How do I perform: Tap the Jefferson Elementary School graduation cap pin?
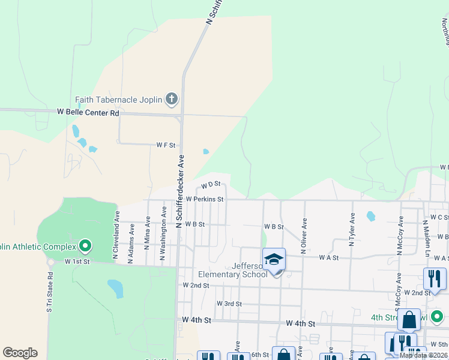[x=274, y=260]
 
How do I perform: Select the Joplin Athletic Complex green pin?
[x=85, y=245]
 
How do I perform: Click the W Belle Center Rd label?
[x=88, y=112]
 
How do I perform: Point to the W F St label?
[x=166, y=145]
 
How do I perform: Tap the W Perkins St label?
[x=205, y=199]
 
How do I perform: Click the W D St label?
[x=211, y=185]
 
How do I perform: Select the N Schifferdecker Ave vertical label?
[x=179, y=191]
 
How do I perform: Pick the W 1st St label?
[x=77, y=262]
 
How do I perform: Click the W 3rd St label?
[x=229, y=304]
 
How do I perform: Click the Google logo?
[x=20, y=353]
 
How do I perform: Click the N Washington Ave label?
[x=162, y=234]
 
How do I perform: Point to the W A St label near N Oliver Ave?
[x=330, y=257]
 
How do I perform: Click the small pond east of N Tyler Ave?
[x=370, y=216]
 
